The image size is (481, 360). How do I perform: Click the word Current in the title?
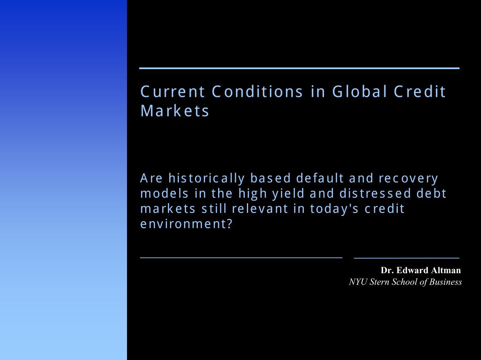pyautogui.click(x=173, y=91)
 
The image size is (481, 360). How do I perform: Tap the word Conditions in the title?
pyautogui.click(x=257, y=91)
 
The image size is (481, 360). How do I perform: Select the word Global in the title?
pyautogui.click(x=359, y=91)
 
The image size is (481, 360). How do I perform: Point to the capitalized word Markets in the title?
pyautogui.click(x=175, y=110)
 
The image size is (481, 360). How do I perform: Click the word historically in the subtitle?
pyautogui.click(x=206, y=178)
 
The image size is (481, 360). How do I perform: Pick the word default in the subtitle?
pyautogui.click(x=320, y=178)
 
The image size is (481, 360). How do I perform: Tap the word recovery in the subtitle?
pyautogui.click(x=408, y=179)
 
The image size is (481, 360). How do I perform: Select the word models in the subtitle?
pyautogui.click(x=165, y=193)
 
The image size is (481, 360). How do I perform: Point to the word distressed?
pyautogui.click(x=375, y=193)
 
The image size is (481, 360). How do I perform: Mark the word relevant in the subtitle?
pyautogui.click(x=260, y=209)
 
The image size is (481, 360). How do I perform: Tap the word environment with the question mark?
pyautogui.click(x=186, y=224)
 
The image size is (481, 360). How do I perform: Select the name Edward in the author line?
pyautogui.click(x=413, y=270)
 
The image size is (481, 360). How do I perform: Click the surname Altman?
pyautogui.click(x=446, y=270)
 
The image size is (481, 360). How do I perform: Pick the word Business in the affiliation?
pyautogui.click(x=446, y=282)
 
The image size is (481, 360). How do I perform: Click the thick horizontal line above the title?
pyautogui.click(x=300, y=68)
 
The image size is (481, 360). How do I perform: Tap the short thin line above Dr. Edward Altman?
pyautogui.click(x=407, y=258)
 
